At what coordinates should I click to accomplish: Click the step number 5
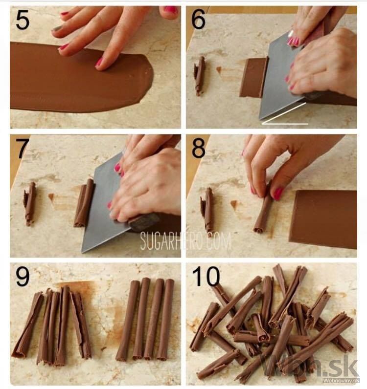click(x=23, y=20)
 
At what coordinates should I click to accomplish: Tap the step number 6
click(x=198, y=20)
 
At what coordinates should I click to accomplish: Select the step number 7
click(x=23, y=149)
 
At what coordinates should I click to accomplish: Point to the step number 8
click(x=199, y=148)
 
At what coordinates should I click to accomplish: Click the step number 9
click(x=23, y=277)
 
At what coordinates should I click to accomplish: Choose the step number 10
click(x=206, y=276)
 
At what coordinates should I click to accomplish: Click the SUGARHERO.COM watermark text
click(x=185, y=240)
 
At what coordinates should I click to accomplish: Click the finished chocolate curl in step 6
click(x=200, y=76)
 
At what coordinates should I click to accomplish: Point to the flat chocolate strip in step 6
click(x=253, y=78)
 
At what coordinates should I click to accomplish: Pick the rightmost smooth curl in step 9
click(x=166, y=320)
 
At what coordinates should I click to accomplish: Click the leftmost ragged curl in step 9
click(x=27, y=324)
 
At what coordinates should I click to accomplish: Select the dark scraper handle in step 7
click(x=144, y=221)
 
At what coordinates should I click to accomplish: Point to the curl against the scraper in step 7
click(x=85, y=202)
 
